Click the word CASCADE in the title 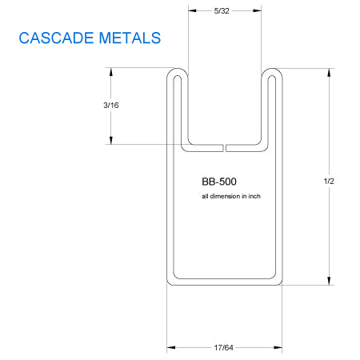point(56,38)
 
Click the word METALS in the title point(130,38)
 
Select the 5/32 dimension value point(222,11)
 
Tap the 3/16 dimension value point(111,106)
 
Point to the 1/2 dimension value point(329,182)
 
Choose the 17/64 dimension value point(223,348)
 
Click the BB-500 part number point(219,182)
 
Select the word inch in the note point(254,196)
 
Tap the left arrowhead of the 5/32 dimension point(192,10)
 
